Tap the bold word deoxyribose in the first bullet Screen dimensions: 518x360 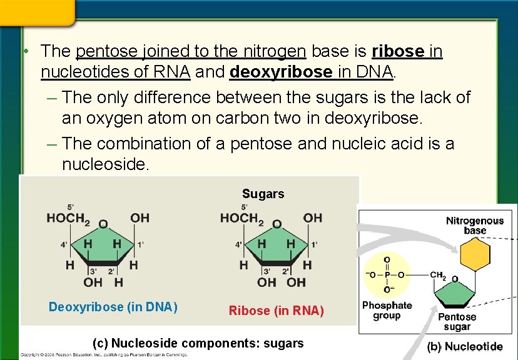281,72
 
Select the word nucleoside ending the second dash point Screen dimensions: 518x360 106,164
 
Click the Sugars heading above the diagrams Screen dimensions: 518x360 263,194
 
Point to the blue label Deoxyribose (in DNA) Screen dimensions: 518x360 113,307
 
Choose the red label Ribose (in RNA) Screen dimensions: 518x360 277,311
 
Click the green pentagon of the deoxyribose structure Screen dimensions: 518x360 101,250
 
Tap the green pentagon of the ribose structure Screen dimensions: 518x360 275,250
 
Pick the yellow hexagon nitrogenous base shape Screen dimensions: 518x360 475,255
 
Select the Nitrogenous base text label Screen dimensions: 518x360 474,226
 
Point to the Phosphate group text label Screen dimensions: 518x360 387,311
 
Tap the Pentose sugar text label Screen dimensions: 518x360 457,321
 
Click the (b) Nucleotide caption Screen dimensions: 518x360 465,346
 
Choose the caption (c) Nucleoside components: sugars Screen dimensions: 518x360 198,343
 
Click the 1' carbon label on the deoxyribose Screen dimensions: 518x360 141,244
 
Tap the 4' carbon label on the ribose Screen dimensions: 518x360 238,244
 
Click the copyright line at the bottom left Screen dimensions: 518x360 104,355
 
